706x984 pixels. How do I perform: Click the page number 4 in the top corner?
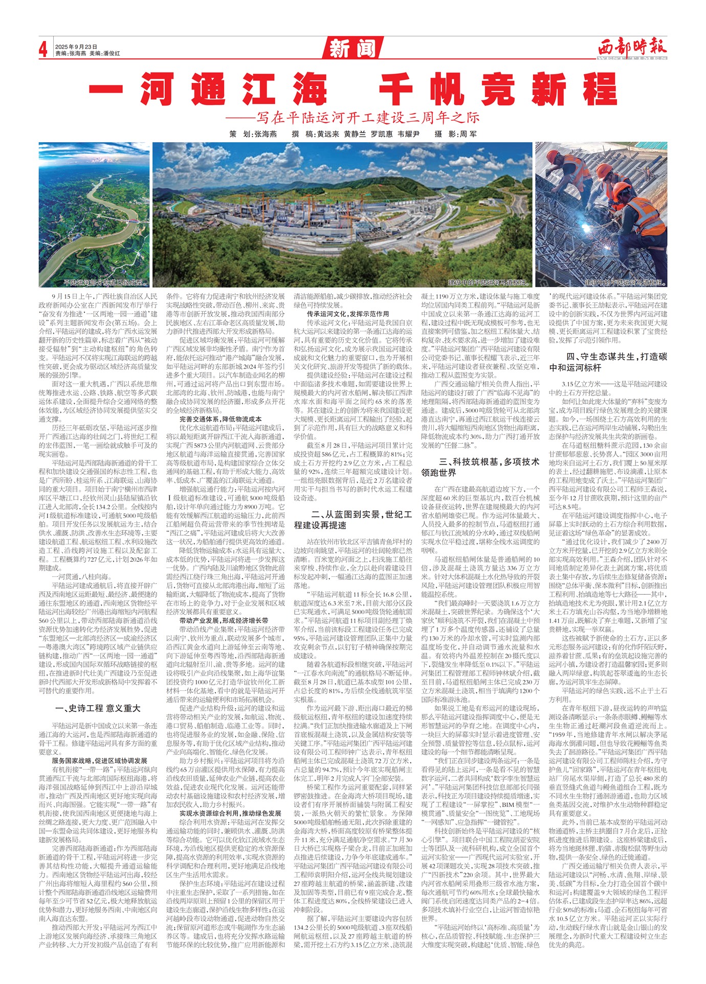click(43, 49)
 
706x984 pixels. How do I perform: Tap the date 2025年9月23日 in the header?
click(76, 47)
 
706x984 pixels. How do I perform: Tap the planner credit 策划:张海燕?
click(253, 134)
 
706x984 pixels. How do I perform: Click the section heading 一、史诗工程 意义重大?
click(97, 708)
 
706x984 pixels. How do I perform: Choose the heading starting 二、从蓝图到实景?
click(353, 519)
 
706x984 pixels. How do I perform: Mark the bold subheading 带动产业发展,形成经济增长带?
click(224, 620)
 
